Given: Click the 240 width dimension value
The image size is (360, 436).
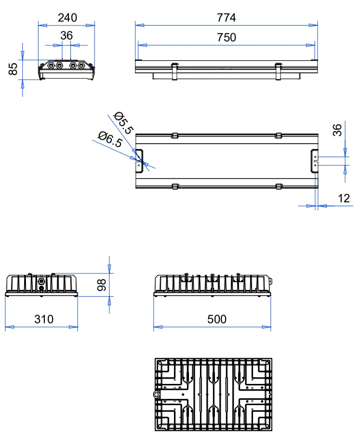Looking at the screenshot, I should tap(67, 18).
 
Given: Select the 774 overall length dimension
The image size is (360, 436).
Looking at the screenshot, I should tap(227, 18).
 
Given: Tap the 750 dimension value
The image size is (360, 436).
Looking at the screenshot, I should tap(227, 37).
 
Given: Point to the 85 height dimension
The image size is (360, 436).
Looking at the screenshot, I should tap(13, 68).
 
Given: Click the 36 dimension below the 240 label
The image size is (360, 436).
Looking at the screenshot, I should tap(67, 36).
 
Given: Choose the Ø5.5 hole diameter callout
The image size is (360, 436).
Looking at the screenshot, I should tap(123, 123).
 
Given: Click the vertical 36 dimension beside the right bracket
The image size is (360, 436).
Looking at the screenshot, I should tap(338, 130).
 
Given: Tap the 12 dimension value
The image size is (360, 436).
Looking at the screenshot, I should tap(344, 198).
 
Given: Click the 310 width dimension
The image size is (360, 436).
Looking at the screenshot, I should tap(44, 319).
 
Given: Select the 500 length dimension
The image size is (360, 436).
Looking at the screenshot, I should tap(216, 319).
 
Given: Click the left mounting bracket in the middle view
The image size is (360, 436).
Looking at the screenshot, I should tap(139, 160).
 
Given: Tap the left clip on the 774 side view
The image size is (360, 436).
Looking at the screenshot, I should tap(175, 71).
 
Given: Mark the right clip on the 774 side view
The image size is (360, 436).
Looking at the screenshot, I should tap(278, 71).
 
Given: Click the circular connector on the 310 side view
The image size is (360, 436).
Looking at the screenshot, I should tap(41, 280).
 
